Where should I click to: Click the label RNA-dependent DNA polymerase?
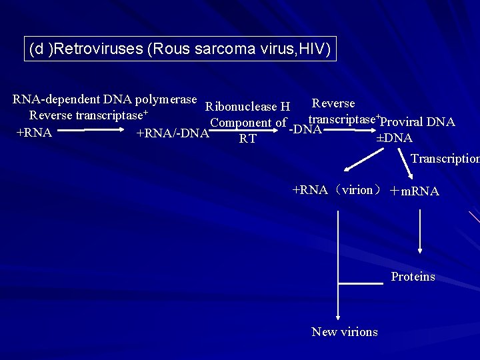point(105,99)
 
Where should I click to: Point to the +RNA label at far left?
point(34,132)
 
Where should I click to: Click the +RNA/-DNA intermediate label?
point(172,133)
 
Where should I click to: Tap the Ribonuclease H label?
point(248,106)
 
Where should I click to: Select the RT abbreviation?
point(248,139)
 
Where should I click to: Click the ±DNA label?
point(394,138)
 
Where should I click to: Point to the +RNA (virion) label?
point(337,190)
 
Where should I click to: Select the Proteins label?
point(413,277)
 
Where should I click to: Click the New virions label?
point(344,332)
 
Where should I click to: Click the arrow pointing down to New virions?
point(338,267)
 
